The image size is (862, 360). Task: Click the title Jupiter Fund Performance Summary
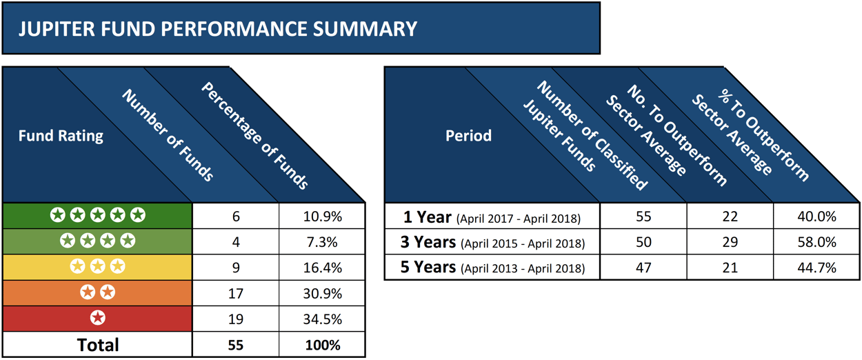click(218, 29)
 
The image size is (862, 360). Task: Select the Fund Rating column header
click(61, 135)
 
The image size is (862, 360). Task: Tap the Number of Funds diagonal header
click(168, 135)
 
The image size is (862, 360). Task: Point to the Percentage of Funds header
click(254, 135)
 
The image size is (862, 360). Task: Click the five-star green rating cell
click(98, 217)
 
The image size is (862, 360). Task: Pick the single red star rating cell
click(98, 318)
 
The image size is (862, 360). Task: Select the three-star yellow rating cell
click(98, 267)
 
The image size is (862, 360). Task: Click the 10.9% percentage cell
click(323, 217)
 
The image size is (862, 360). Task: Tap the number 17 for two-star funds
click(236, 292)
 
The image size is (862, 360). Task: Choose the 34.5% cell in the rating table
click(323, 318)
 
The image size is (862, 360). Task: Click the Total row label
click(98, 344)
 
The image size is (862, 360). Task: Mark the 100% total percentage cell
click(323, 344)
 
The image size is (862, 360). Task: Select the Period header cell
click(468, 135)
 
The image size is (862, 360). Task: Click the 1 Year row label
click(492, 217)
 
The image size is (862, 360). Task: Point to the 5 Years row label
click(492, 267)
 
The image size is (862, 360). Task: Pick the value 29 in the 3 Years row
click(730, 242)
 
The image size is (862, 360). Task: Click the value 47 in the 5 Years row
click(644, 267)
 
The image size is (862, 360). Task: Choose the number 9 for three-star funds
click(236, 267)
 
